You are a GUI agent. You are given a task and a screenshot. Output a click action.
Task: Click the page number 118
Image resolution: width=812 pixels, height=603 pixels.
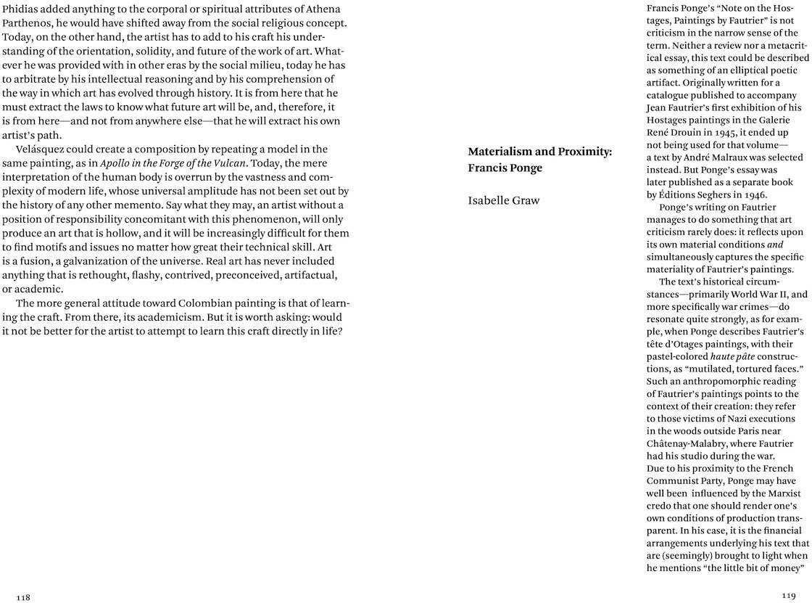[23, 596]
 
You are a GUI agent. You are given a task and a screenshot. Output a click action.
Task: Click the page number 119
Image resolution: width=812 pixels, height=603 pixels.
[789, 595]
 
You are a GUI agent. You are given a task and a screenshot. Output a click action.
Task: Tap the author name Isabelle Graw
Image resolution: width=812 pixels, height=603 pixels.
[505, 200]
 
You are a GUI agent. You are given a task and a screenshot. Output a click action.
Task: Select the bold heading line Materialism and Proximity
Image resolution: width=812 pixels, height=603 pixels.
[540, 152]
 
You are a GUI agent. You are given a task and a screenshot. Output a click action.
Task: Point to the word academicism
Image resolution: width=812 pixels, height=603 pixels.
[134, 317]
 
